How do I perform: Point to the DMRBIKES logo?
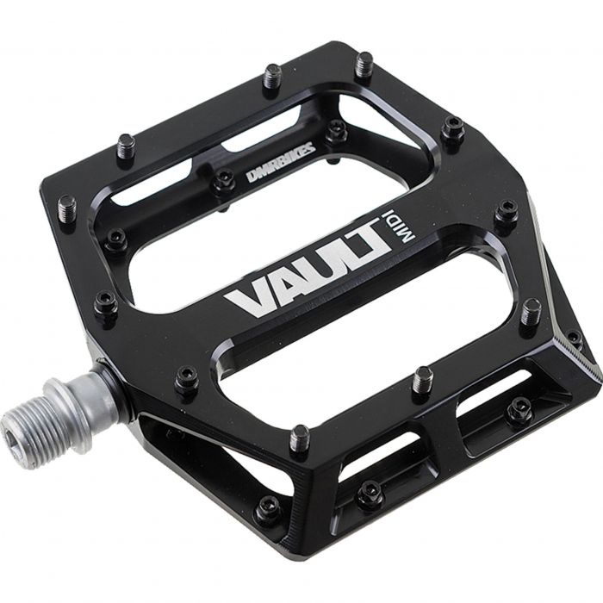click(x=281, y=164)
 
